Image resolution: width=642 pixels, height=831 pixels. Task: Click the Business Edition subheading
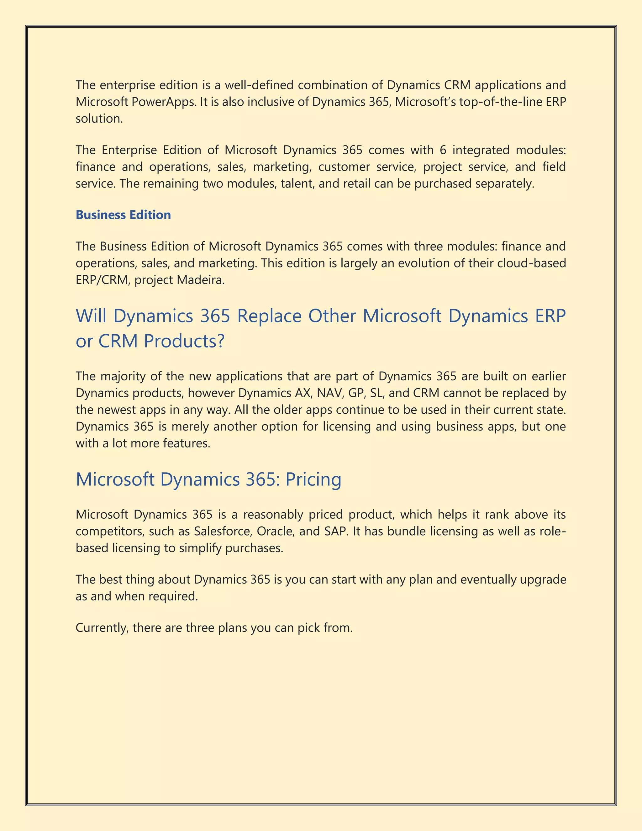(x=123, y=215)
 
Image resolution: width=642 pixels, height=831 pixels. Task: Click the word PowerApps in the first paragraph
(x=164, y=102)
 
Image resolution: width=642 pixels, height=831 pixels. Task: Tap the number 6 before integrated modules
(x=443, y=150)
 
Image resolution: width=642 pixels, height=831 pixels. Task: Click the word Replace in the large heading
(x=269, y=316)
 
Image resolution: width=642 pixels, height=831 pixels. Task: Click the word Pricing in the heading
(x=313, y=479)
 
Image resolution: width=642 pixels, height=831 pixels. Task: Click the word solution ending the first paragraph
(x=99, y=119)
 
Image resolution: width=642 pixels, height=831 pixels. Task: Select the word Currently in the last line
(x=102, y=628)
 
